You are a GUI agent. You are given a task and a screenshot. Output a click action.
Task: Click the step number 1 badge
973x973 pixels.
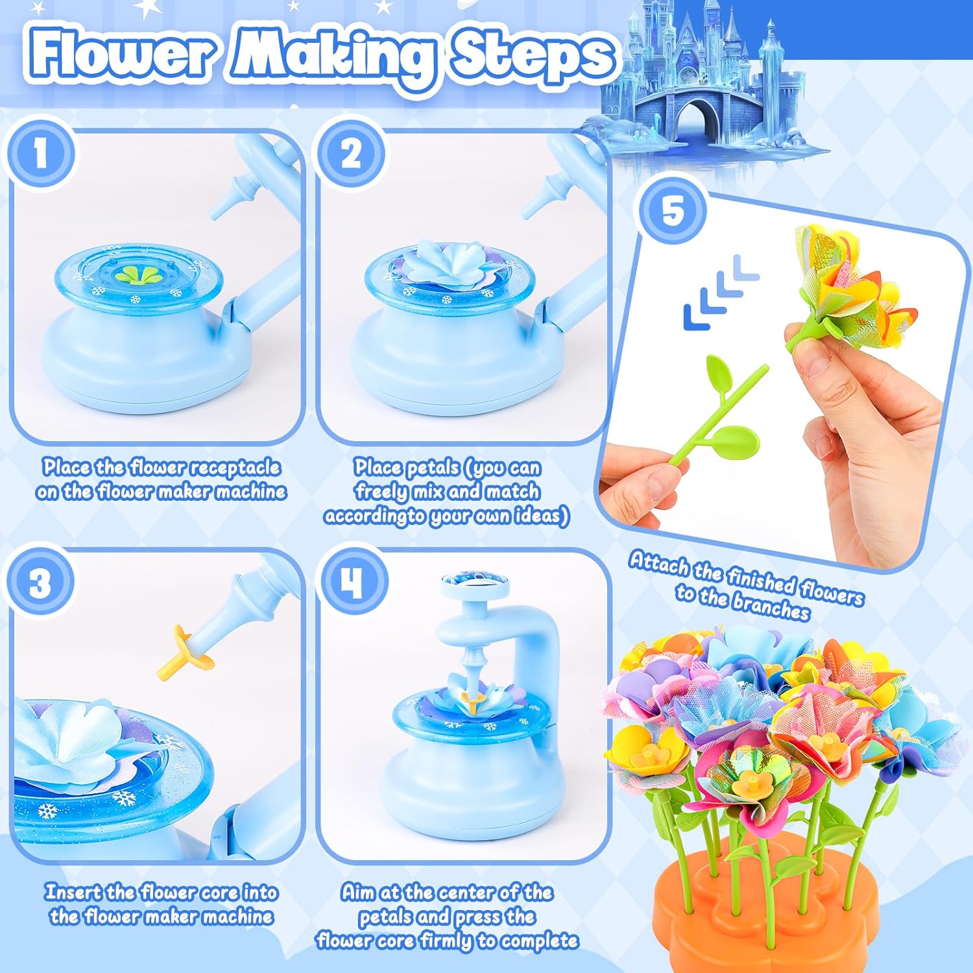(40, 154)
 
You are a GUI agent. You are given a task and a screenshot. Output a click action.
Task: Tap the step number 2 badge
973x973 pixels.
(351, 154)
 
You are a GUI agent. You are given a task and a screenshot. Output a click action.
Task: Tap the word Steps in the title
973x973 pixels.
(532, 55)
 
